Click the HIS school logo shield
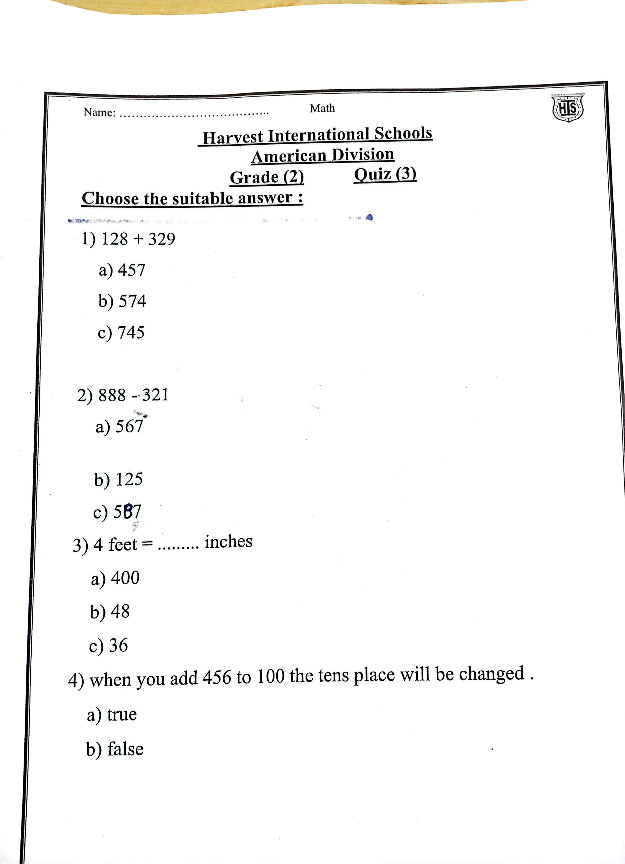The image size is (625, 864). [567, 109]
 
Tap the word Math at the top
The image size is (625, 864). [322, 109]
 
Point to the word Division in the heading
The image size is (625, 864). [363, 155]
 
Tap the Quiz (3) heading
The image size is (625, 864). [385, 175]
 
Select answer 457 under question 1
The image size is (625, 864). [131, 270]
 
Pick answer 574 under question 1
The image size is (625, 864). [132, 301]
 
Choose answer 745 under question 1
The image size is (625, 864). [131, 332]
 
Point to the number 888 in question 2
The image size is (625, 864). [112, 395]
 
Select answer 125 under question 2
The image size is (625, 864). [129, 479]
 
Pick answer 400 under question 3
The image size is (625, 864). [125, 578]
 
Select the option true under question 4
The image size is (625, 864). [122, 714]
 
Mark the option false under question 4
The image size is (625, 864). [125, 749]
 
